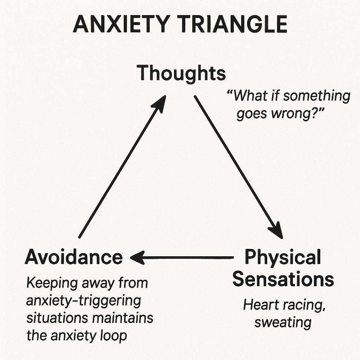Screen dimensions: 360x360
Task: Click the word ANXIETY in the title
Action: [119, 25]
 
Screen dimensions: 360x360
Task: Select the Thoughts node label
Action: [181, 73]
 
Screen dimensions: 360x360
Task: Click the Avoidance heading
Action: [74, 257]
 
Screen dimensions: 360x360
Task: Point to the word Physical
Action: [283, 257]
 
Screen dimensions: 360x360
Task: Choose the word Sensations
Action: [283, 279]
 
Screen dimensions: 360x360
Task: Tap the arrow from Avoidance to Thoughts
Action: [121, 169]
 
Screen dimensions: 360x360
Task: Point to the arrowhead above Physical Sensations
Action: [276, 230]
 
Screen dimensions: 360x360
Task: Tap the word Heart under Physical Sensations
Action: [260, 305]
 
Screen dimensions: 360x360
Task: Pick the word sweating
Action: [283, 322]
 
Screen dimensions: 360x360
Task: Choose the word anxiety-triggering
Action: [83, 301]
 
